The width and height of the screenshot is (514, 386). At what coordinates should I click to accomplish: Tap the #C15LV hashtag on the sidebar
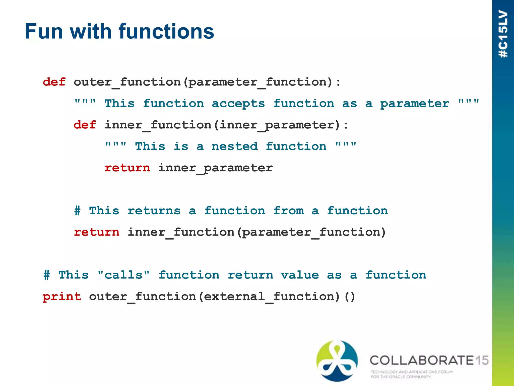(x=503, y=34)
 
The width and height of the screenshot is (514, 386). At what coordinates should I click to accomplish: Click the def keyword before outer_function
(x=54, y=82)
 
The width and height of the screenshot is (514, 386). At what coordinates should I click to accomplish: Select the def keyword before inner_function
(x=85, y=125)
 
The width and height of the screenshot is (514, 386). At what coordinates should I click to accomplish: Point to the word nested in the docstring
(x=234, y=147)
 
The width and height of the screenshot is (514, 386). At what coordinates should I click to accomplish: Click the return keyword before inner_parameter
(x=127, y=168)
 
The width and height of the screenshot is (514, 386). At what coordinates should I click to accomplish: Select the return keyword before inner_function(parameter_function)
(x=97, y=232)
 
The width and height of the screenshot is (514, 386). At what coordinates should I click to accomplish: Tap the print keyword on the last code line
(x=62, y=297)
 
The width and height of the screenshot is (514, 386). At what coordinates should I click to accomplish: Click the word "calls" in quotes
(x=123, y=275)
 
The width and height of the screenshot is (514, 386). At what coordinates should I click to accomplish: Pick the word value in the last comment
(x=300, y=275)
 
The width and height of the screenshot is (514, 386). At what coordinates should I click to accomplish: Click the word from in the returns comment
(x=289, y=211)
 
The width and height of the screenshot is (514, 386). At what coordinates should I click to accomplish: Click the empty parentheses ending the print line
(x=350, y=297)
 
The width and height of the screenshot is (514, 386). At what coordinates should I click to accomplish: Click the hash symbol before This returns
(x=78, y=211)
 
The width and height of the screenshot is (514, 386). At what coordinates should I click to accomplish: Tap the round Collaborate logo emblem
(x=337, y=361)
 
